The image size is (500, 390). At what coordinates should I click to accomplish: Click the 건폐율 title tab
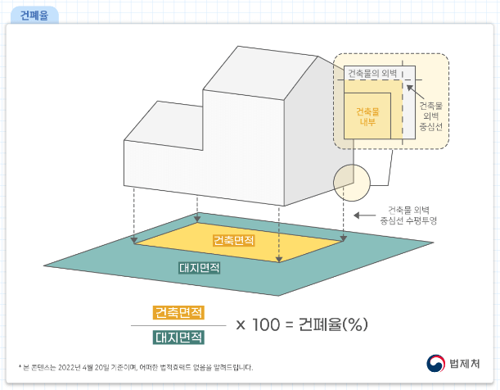point(32,14)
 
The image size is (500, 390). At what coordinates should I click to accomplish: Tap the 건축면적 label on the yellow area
point(233,241)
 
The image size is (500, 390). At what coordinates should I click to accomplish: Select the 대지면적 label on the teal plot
point(200,268)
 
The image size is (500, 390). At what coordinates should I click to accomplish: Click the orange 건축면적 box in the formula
point(178,312)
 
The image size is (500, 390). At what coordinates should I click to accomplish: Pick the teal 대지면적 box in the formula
point(178,336)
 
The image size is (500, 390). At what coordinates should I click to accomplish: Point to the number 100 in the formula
point(265,324)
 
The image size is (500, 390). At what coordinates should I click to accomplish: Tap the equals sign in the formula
point(288,324)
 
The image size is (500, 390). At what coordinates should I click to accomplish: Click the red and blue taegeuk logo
point(436,363)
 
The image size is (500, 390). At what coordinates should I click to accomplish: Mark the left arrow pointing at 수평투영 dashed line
point(358,215)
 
